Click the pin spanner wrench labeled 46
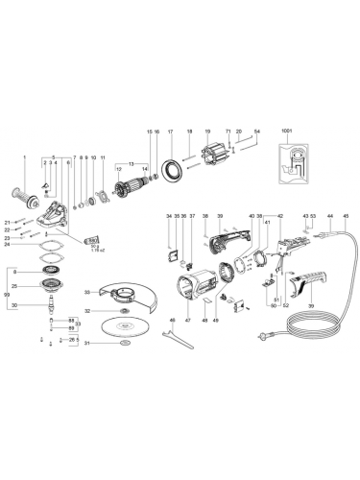[x=177, y=335]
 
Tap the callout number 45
[x=347, y=217]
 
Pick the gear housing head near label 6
[x=56, y=206]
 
